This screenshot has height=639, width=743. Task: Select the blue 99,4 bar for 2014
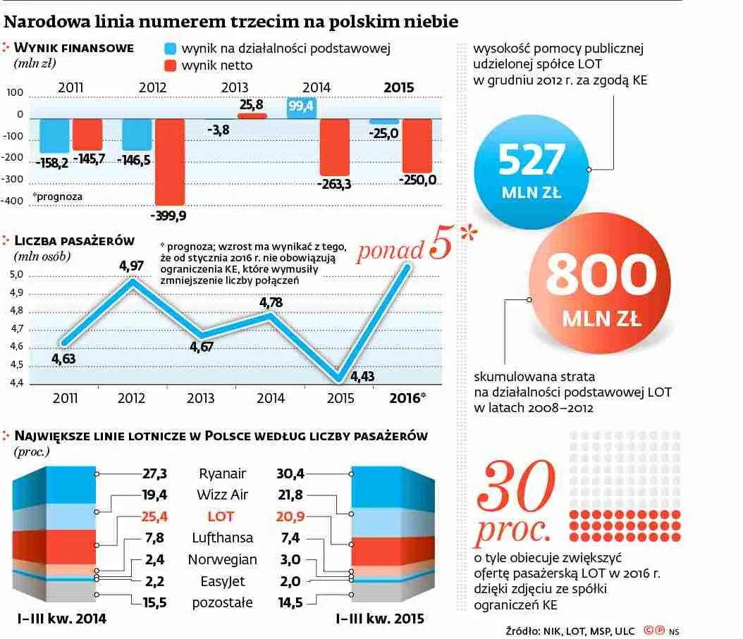[x=301, y=107]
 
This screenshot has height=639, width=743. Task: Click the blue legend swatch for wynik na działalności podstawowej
[x=169, y=49]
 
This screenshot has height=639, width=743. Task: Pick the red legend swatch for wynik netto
[x=169, y=66]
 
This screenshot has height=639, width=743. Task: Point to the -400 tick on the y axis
[x=15, y=201]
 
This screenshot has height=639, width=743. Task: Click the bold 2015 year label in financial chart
[x=398, y=88]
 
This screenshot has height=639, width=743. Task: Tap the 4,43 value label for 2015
[x=362, y=377]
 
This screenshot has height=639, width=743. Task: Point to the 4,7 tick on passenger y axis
[x=18, y=328]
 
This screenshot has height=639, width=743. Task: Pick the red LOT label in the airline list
[x=221, y=516]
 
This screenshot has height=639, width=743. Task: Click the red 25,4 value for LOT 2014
[x=155, y=516]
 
